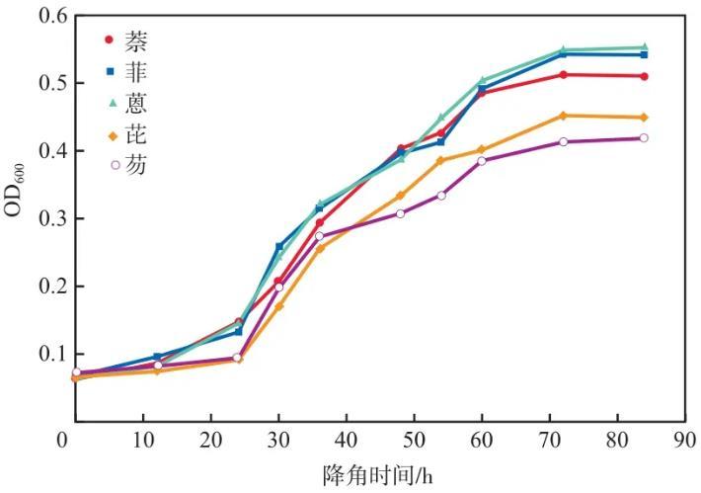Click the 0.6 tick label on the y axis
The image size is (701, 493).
click(x=40, y=17)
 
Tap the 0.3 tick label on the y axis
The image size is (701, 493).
click(x=40, y=218)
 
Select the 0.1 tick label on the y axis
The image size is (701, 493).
click(x=40, y=354)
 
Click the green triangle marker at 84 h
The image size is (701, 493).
click(x=644, y=47)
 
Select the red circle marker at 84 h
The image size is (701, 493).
click(x=644, y=76)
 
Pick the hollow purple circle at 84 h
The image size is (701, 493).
click(x=644, y=138)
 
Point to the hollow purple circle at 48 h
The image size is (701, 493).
click(x=401, y=213)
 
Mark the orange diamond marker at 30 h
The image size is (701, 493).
click(x=278, y=306)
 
